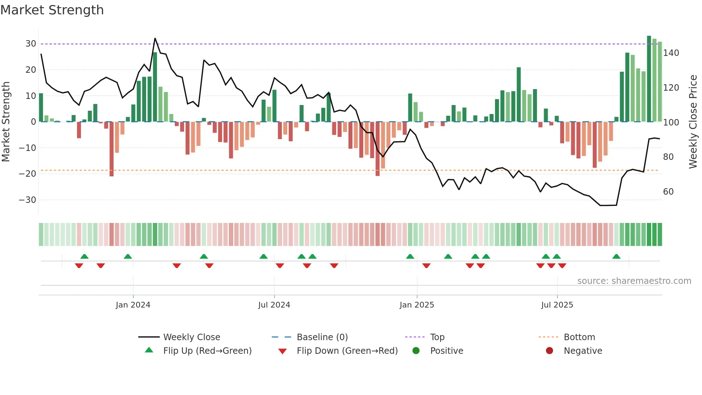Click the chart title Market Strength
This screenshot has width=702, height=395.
click(x=52, y=10)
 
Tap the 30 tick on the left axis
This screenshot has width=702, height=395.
click(x=30, y=44)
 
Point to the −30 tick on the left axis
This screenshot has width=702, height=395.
click(x=28, y=200)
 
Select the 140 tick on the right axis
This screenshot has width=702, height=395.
click(x=671, y=53)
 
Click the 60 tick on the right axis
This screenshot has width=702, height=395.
click(x=668, y=192)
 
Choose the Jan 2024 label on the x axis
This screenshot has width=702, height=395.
click(x=133, y=305)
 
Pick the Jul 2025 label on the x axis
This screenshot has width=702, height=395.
click(x=557, y=305)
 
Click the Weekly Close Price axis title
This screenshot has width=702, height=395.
click(x=693, y=122)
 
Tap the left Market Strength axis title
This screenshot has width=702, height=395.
click(x=6, y=122)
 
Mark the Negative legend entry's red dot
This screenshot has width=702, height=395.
click(x=549, y=351)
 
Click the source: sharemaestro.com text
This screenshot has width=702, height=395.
click(x=634, y=281)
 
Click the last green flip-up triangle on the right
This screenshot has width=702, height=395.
click(x=616, y=257)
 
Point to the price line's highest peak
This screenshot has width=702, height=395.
click(x=155, y=38)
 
